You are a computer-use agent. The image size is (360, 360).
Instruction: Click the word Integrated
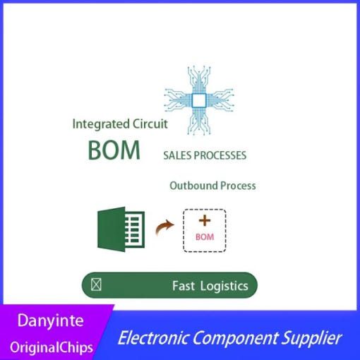coord(101,124)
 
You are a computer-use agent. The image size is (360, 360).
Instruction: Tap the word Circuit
coord(150,124)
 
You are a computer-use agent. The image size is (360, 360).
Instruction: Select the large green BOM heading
coord(114,150)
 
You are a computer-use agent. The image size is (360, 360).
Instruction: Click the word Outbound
coord(193,186)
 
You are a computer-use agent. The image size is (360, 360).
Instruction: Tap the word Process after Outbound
coord(238,186)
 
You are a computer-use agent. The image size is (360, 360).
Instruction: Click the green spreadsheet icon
coord(121,229)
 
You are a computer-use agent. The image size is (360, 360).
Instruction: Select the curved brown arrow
coord(164,227)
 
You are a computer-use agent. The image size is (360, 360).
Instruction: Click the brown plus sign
coord(205,220)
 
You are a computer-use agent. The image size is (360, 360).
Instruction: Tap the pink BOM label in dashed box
coord(205,237)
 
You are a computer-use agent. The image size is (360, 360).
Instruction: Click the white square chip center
coord(199,100)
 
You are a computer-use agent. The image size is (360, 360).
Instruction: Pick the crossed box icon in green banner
coord(96,284)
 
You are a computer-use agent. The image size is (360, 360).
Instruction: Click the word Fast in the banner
coord(184,286)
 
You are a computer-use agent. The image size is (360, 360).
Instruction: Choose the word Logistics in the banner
coord(224,287)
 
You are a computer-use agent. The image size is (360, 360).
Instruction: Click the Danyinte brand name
coord(50,321)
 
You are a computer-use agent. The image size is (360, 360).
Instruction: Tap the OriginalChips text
coord(52,347)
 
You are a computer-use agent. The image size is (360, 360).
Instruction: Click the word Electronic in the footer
coord(152,337)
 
